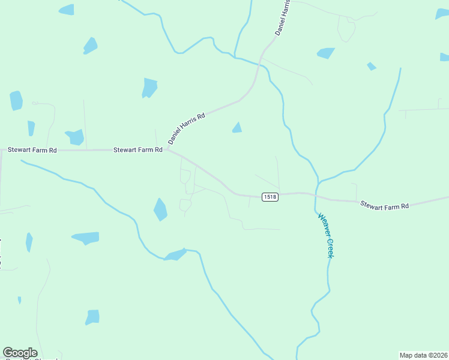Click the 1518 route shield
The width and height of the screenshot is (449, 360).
click(270, 197)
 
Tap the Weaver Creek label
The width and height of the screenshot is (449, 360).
click(325, 236)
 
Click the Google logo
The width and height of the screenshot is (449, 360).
click(20, 353)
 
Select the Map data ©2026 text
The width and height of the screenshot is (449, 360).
click(423, 355)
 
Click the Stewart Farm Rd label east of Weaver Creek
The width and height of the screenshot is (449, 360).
click(384, 206)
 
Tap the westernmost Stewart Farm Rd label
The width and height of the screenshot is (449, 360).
click(32, 150)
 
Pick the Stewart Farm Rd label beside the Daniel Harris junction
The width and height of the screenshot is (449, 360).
click(138, 150)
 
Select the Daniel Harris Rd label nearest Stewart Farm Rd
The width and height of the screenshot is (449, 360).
click(187, 128)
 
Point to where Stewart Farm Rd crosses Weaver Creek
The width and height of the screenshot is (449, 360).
click(316, 195)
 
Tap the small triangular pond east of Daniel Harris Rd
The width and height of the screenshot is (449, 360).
click(237, 127)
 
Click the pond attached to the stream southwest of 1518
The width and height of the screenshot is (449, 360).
click(175, 256)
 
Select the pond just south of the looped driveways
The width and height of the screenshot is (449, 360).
click(160, 209)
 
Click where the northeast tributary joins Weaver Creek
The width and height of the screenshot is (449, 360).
click(318, 180)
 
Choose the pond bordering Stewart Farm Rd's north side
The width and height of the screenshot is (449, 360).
click(75, 137)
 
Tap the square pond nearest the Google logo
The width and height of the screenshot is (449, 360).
click(92, 317)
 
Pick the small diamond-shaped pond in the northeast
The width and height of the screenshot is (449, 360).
click(372, 66)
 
